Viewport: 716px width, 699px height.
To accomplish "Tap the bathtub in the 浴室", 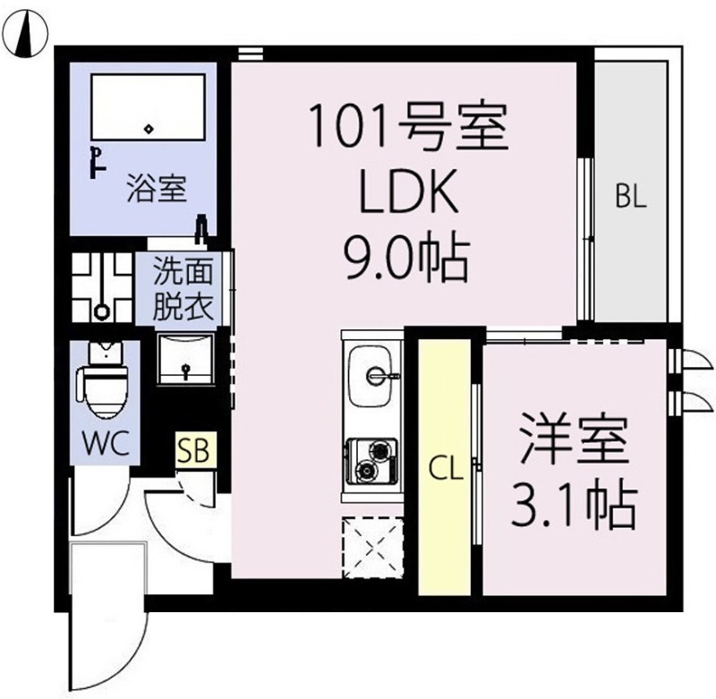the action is coord(148,107).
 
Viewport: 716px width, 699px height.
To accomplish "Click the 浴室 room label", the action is coord(157,189).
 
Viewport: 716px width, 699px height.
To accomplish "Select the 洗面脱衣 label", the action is coord(183,287).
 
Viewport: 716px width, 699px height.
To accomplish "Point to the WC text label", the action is coord(105,442).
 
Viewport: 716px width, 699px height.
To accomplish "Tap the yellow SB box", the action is coord(195,449).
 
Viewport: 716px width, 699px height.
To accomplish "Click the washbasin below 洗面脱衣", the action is coord(185,359).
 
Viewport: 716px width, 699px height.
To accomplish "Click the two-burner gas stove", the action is coord(371,461).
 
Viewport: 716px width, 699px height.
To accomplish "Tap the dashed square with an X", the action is coord(373,548).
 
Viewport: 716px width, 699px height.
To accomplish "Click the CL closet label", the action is coord(445,468).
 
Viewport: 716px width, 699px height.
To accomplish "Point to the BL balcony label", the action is coord(631,197).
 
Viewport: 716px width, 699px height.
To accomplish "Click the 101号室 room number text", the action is coord(409,126).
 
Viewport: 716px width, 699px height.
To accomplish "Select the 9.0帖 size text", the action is coord(407,259).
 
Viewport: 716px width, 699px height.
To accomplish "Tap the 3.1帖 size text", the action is coord(574,506).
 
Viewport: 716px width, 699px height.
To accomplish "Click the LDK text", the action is coord(409,192).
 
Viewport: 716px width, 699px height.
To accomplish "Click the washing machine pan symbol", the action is coord(102,287).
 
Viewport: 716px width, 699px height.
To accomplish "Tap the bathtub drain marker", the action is coord(149,129).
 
